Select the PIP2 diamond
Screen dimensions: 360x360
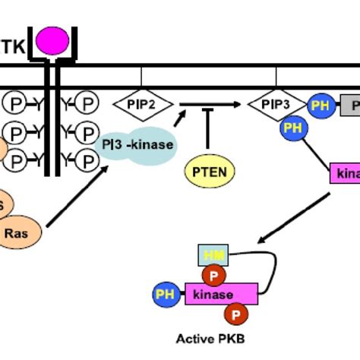(x=143, y=105)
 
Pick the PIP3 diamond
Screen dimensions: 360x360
(x=276, y=105)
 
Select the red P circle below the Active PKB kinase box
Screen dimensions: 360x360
(x=237, y=312)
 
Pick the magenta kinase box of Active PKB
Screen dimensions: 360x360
(x=221, y=293)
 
